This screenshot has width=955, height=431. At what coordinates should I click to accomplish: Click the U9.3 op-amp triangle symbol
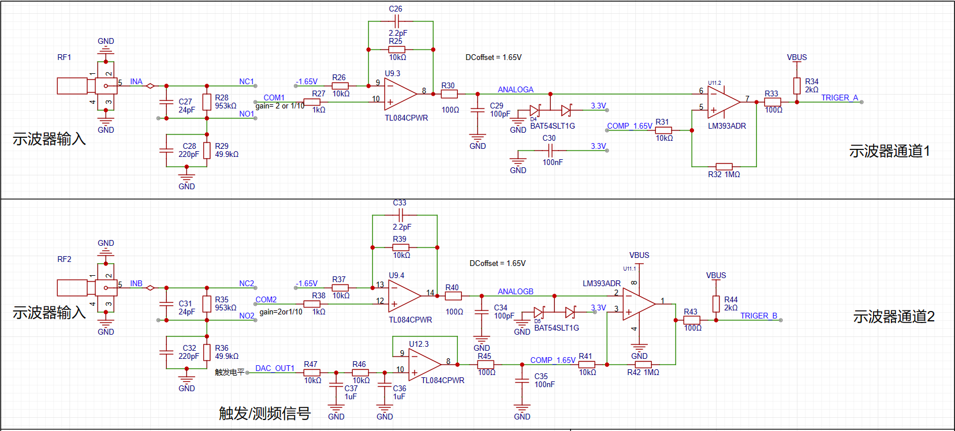pyautogui.click(x=400, y=94)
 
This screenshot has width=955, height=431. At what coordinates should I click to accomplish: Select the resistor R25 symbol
pyautogui.click(x=397, y=50)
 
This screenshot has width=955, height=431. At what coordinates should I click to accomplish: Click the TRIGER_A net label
pyautogui.click(x=840, y=98)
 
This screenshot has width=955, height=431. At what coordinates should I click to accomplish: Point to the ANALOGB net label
pyautogui.click(x=516, y=291)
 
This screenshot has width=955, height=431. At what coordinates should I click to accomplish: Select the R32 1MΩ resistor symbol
pyautogui.click(x=724, y=167)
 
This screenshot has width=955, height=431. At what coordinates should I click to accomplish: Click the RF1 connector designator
pyautogui.click(x=64, y=57)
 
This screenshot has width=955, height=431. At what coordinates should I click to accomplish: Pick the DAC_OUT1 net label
pyautogui.click(x=275, y=368)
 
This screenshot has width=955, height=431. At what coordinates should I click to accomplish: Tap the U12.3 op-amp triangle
pyautogui.click(x=424, y=365)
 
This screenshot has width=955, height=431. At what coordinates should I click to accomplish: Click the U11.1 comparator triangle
pyautogui.click(x=639, y=303)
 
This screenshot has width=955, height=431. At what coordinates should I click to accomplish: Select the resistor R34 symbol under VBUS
pyautogui.click(x=797, y=85)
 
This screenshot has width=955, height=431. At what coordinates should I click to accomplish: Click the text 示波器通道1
pyautogui.click(x=889, y=151)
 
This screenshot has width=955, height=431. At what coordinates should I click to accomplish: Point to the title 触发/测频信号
pyautogui.click(x=265, y=413)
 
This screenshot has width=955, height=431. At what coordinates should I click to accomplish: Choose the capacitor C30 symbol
pyautogui.click(x=550, y=151)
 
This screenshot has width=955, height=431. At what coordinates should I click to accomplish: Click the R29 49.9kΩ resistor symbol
pyautogui.click(x=207, y=151)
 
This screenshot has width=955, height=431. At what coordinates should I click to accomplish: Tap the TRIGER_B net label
pyautogui.click(x=759, y=316)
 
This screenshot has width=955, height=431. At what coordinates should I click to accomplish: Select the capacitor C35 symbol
pyautogui.click(x=522, y=380)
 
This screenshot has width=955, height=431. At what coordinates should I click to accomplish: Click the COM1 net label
pyautogui.click(x=274, y=98)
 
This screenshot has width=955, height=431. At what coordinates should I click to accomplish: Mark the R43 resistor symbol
pyautogui.click(x=692, y=320)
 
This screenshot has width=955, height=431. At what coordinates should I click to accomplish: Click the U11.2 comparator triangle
pyautogui.click(x=723, y=102)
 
